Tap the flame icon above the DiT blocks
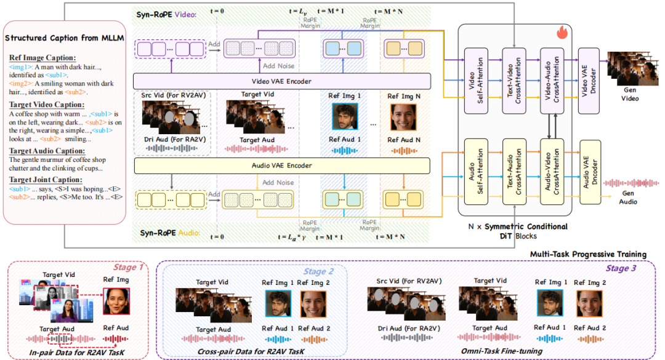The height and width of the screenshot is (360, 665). click(x=562, y=32)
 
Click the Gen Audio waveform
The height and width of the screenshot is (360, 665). click(x=631, y=183)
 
